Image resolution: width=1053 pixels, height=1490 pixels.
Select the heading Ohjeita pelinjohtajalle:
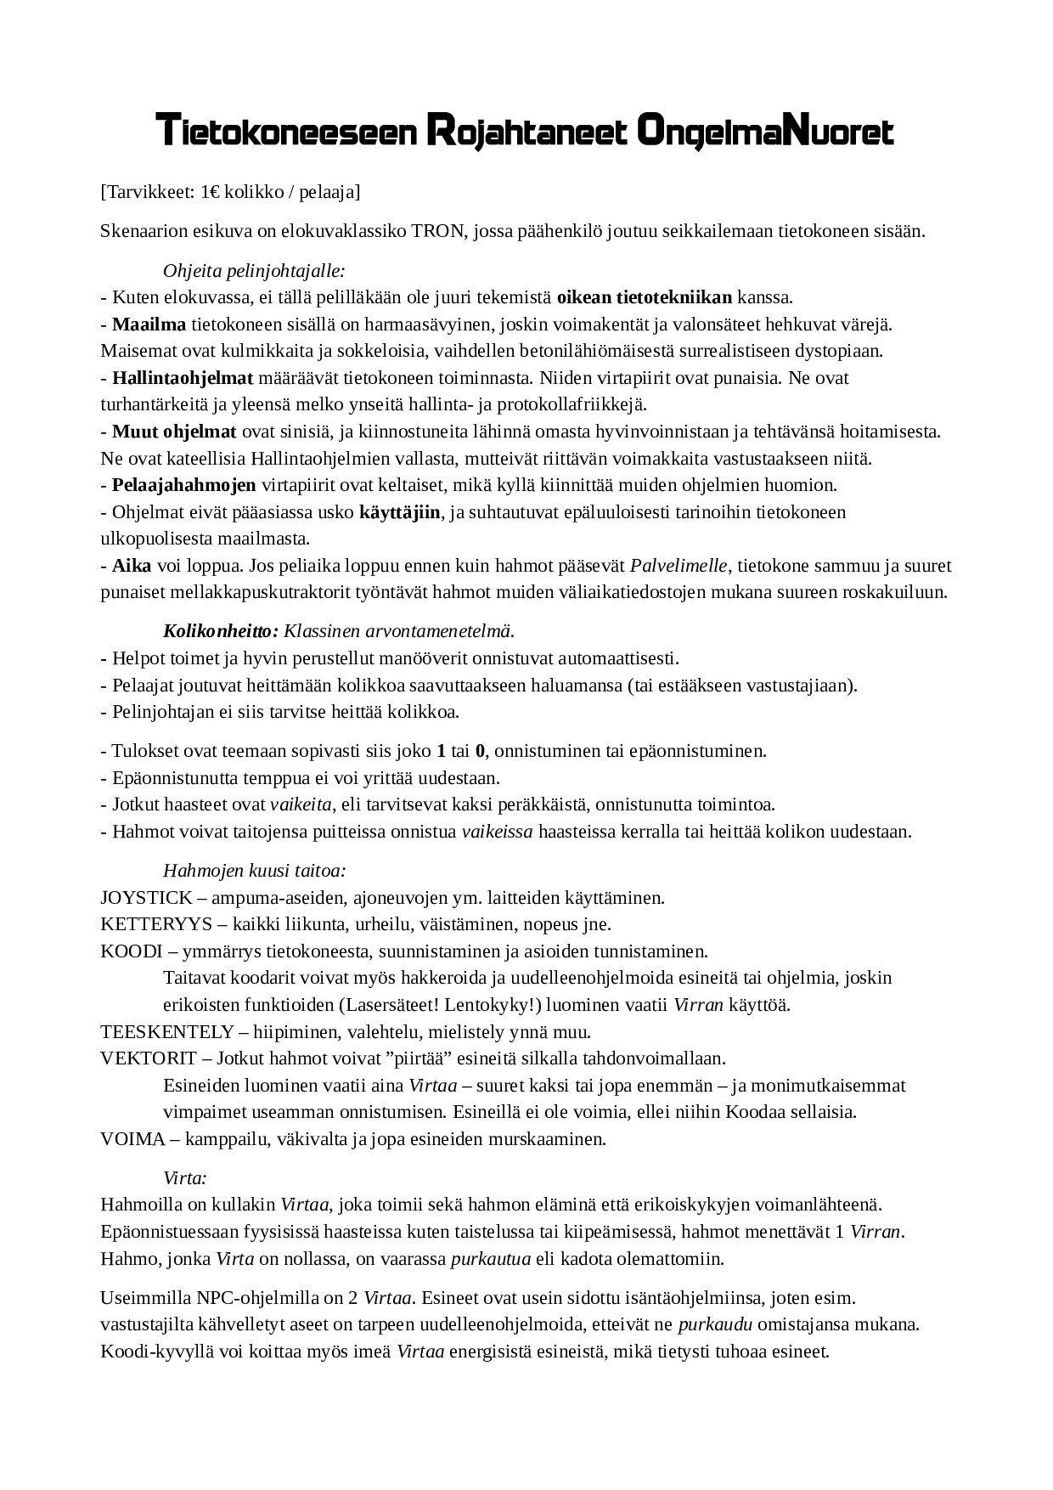pyautogui.click(x=254, y=271)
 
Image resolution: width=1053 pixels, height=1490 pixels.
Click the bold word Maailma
pyautogui.click(x=149, y=325)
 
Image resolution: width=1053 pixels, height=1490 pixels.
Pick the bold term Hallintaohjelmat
pyautogui.click(x=183, y=378)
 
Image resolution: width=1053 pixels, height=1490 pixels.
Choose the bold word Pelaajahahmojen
pyautogui.click(x=184, y=486)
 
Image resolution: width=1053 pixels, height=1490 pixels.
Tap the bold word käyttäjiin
pyautogui.click(x=400, y=512)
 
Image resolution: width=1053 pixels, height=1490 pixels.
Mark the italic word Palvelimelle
pyautogui.click(x=679, y=566)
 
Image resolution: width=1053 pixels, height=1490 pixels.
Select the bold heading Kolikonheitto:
pyautogui.click(x=221, y=631)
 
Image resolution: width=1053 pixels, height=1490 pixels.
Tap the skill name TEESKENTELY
pyautogui.click(x=166, y=1032)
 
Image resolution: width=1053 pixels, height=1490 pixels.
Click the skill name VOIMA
pyautogui.click(x=132, y=1139)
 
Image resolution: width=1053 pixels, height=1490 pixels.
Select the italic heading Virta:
pyautogui.click(x=185, y=1178)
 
